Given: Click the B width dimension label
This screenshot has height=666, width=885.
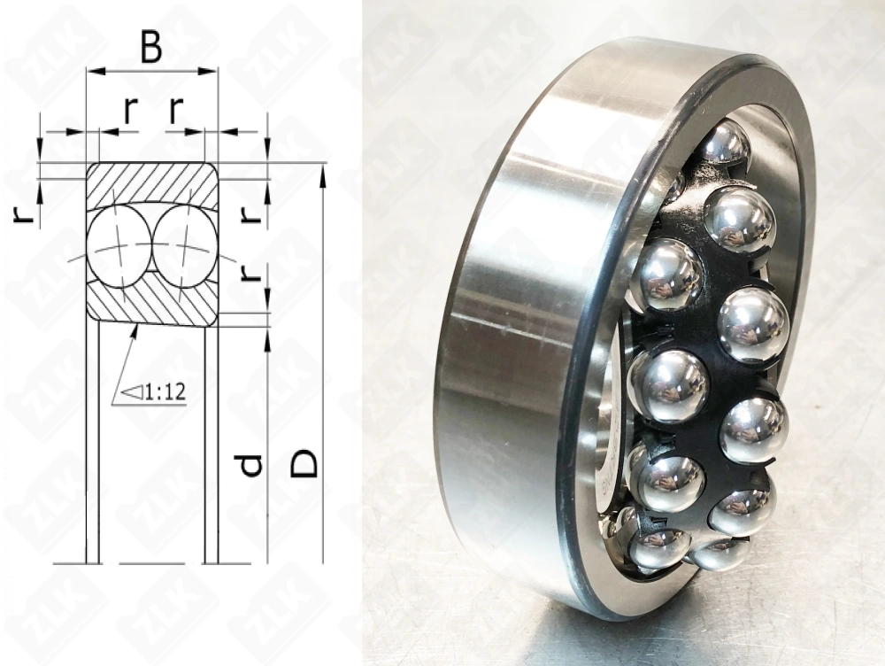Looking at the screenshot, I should [151, 49].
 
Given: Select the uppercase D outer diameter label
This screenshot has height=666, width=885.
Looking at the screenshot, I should [304, 462].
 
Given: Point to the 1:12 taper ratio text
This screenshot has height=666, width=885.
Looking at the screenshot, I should [165, 392].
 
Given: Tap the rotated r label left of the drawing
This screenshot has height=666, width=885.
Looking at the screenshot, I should [27, 213].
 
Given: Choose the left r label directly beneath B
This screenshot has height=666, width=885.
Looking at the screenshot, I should [130, 109].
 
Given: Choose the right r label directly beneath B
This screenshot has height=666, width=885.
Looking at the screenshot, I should [176, 109].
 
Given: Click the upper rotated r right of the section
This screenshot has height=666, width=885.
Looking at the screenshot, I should [251, 213].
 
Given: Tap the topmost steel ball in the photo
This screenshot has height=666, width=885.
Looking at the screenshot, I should [724, 142].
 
